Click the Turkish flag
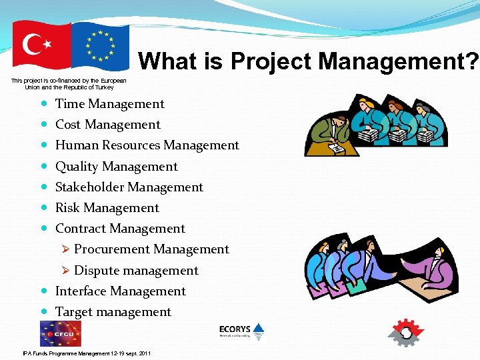pyautogui.click(x=41, y=45)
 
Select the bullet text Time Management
pyautogui.click(x=109, y=103)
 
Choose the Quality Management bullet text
pyautogui.click(x=116, y=166)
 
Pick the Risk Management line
pyautogui.click(x=107, y=207)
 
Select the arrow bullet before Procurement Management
pyautogui.click(x=65, y=249)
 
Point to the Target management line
pyautogui.click(x=113, y=311)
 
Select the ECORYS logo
pyautogui.click(x=241, y=331)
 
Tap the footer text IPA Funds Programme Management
pyautogui.click(x=87, y=353)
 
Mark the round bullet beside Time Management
pyautogui.click(x=44, y=104)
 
